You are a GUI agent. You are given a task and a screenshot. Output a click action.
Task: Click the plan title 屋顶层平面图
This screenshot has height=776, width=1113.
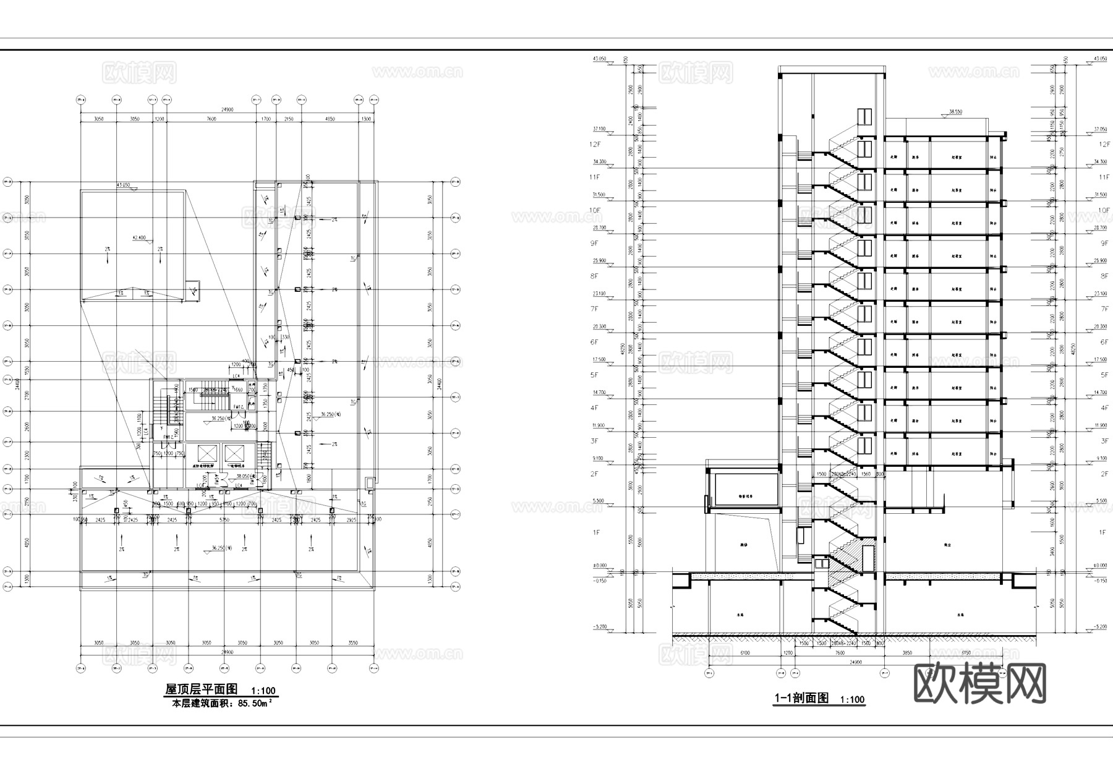201,689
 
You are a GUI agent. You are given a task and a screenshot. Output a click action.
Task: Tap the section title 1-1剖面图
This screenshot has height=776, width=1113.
801,698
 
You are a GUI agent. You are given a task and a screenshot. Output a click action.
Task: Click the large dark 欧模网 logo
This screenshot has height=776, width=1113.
979,683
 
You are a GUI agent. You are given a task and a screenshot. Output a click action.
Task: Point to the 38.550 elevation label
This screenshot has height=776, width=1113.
955,112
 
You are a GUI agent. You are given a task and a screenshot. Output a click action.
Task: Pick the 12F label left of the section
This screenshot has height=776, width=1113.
595,144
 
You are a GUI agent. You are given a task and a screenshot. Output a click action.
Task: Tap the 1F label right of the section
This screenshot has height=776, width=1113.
1102,532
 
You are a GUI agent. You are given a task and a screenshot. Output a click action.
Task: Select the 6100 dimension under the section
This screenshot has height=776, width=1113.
744,653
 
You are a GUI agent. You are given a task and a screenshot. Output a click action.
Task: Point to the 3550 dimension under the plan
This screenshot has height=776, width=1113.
352,643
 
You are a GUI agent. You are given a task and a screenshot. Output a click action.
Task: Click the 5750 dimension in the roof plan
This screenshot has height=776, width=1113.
224,520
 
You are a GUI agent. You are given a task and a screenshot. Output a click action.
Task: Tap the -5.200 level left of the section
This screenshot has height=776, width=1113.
600,627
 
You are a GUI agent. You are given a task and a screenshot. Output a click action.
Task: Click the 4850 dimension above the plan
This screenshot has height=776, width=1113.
330,118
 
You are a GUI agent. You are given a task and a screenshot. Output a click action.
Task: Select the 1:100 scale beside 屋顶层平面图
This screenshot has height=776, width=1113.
263,691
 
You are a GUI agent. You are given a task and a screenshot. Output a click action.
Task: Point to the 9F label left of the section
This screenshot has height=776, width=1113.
594,243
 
